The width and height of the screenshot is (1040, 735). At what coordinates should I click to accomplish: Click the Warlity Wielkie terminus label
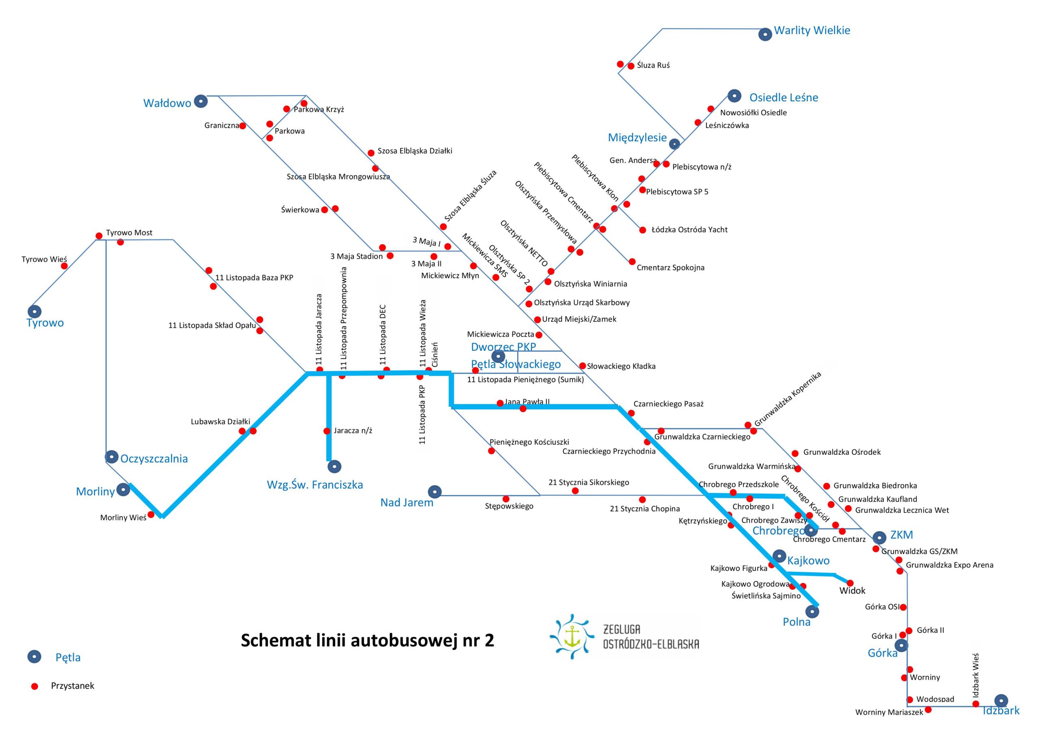coord(812,31)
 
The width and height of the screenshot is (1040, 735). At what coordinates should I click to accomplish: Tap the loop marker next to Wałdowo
coord(201,102)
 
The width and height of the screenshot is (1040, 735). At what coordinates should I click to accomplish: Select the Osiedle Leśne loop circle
coord(734,96)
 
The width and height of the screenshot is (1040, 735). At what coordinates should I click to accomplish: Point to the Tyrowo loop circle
coord(35,311)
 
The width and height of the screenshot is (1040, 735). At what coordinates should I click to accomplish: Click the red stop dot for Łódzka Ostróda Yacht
coord(642,230)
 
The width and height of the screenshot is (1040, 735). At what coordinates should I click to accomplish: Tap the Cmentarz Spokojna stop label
coord(670,268)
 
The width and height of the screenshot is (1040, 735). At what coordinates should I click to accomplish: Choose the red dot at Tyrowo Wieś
coord(64,266)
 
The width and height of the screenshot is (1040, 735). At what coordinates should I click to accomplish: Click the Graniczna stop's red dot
coord(243,126)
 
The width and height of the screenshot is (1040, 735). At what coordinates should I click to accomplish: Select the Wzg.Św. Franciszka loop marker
coord(334,466)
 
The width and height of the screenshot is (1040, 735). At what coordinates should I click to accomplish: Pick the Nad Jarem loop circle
coord(435,491)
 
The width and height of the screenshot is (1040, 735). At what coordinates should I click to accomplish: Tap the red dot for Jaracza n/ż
coord(327,431)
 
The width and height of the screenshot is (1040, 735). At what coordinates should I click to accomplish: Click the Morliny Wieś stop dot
coord(151,515)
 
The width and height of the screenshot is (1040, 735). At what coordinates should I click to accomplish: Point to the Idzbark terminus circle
coord(1001,700)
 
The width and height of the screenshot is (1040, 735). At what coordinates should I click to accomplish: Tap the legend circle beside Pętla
coord(35,657)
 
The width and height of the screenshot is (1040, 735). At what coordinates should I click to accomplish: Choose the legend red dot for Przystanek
coord(35,686)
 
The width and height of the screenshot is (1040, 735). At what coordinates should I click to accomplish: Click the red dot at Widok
coord(850,583)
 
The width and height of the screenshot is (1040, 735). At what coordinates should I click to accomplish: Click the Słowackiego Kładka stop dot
coord(583,366)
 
